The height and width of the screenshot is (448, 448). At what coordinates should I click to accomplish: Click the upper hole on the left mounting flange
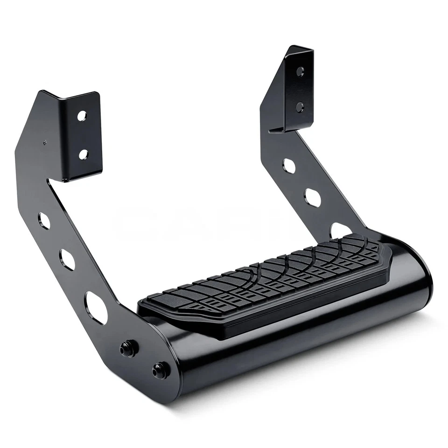(x=82, y=116)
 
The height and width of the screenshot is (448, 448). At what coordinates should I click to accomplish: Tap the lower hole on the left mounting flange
(x=83, y=154)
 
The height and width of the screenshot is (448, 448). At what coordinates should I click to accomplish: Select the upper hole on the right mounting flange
(x=300, y=71)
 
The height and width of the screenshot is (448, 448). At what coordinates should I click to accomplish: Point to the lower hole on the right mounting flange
(x=300, y=107)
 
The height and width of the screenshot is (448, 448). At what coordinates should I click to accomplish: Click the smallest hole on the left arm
(x=44, y=220)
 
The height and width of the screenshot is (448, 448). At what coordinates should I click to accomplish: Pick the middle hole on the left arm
(x=67, y=259)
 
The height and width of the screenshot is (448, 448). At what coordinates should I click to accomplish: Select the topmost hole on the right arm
(x=289, y=166)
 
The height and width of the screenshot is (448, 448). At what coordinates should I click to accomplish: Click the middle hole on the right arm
(x=313, y=197)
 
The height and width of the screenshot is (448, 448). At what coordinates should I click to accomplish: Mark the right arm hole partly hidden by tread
(x=340, y=230)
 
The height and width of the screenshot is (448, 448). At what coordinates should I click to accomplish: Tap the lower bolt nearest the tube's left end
(x=161, y=370)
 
